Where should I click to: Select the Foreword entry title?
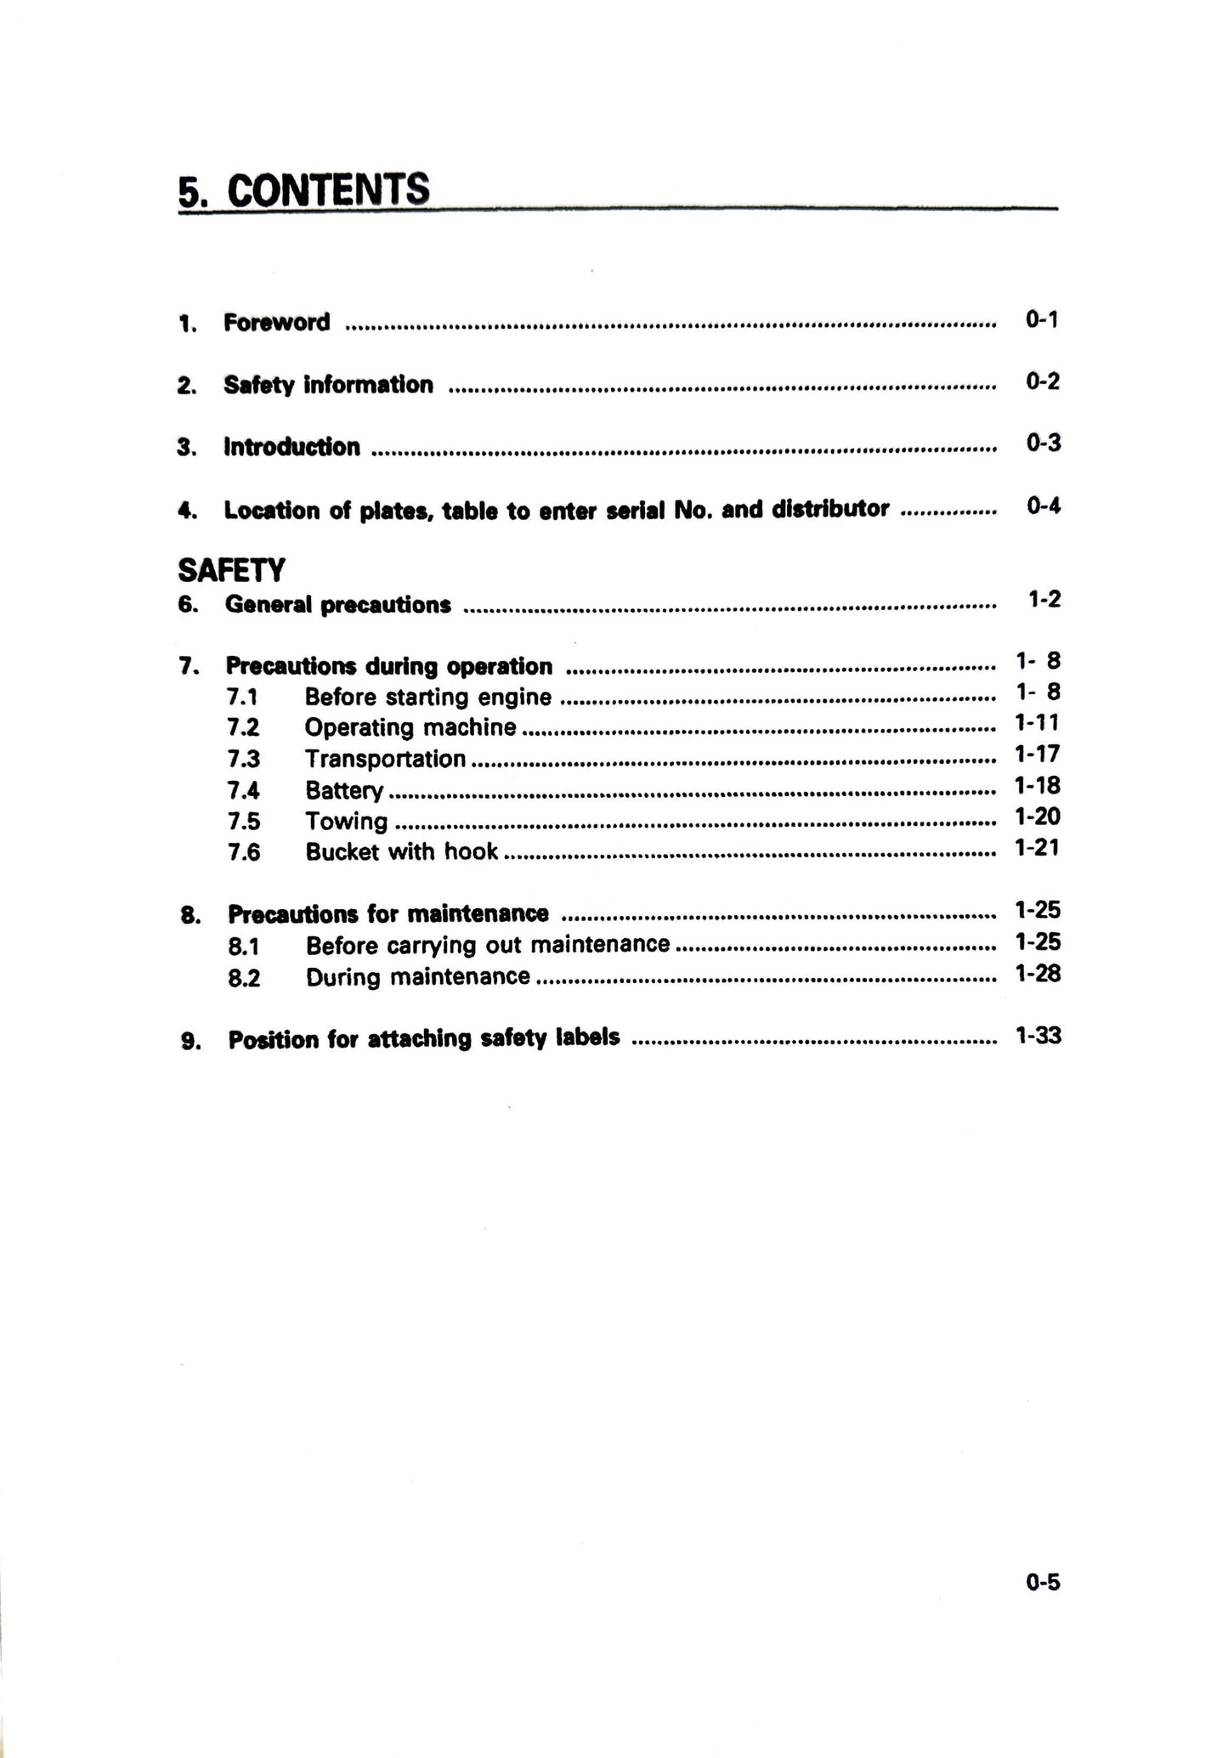(x=276, y=323)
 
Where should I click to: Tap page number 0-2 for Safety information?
(x=1042, y=382)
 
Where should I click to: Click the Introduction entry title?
(x=291, y=447)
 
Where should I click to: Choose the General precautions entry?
(x=337, y=605)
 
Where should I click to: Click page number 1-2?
(x=1044, y=600)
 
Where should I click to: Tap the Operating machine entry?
(x=410, y=728)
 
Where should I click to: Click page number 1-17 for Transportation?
(x=1037, y=754)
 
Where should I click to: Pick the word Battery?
(x=344, y=791)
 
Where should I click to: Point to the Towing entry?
(x=346, y=822)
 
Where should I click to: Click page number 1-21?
(x=1037, y=847)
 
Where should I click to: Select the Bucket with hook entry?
(x=401, y=852)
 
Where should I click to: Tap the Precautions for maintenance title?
(x=388, y=914)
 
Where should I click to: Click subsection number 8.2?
(x=244, y=978)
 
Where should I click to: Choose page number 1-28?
(x=1037, y=974)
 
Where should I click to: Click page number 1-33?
(x=1038, y=1036)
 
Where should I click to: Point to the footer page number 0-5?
(x=1043, y=1583)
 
